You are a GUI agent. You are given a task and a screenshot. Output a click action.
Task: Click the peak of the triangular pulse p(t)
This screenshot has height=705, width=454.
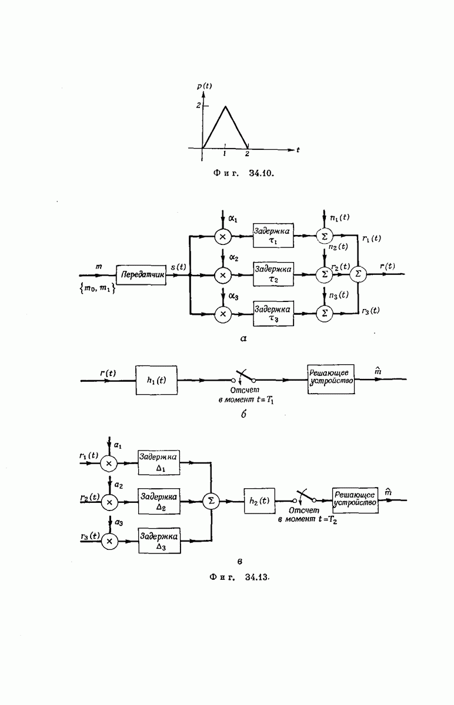(225, 106)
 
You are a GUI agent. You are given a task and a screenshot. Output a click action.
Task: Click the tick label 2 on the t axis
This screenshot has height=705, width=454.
(247, 154)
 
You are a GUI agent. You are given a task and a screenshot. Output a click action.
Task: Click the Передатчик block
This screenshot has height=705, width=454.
(141, 274)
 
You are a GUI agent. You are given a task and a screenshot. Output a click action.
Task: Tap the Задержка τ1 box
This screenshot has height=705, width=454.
(273, 236)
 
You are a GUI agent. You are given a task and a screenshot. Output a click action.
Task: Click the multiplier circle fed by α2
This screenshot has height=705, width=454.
(223, 274)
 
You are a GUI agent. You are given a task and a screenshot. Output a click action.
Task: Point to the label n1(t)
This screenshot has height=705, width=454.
(339, 217)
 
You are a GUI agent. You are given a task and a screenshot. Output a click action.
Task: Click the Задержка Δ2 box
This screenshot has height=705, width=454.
(159, 501)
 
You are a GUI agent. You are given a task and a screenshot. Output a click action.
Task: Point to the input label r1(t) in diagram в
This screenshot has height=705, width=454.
(89, 456)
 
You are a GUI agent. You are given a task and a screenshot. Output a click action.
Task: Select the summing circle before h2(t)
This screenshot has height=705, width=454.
(210, 501)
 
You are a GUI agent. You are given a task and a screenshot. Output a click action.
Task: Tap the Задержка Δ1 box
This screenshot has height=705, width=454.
(159, 462)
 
